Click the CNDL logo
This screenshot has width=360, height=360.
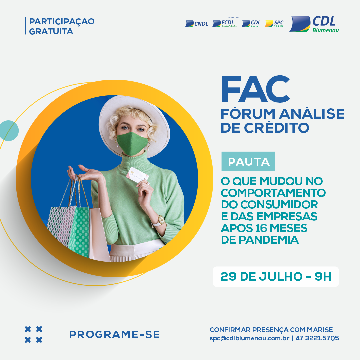(x=197, y=24)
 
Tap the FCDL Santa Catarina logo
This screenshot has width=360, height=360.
(x=225, y=22)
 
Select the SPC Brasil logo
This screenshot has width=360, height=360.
(x=274, y=23)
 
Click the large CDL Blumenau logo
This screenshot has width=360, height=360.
(x=314, y=24)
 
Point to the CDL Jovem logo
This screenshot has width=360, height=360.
(x=251, y=23)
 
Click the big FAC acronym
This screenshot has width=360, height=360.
(x=255, y=89)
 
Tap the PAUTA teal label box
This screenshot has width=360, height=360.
(x=248, y=161)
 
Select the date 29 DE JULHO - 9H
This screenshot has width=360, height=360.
(x=276, y=276)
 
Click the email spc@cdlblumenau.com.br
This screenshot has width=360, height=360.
(x=249, y=338)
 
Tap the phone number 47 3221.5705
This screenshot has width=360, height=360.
(x=317, y=338)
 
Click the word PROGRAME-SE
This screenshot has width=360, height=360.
(x=114, y=335)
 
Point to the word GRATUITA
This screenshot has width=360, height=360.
(x=51, y=31)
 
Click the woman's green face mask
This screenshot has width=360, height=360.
(x=132, y=143)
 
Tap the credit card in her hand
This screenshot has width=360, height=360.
(x=137, y=175)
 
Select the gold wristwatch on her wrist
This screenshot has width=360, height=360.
(x=161, y=221)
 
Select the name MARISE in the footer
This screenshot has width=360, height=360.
(x=320, y=330)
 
